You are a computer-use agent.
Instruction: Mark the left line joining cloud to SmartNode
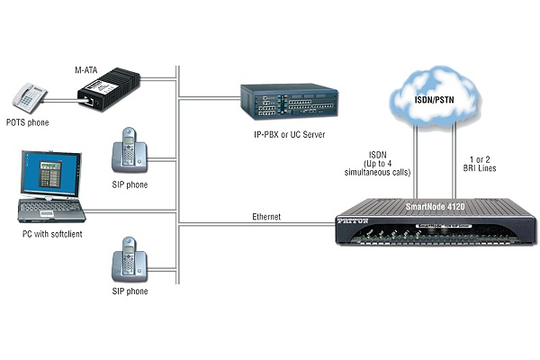pyautogui.click(x=416, y=153)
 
